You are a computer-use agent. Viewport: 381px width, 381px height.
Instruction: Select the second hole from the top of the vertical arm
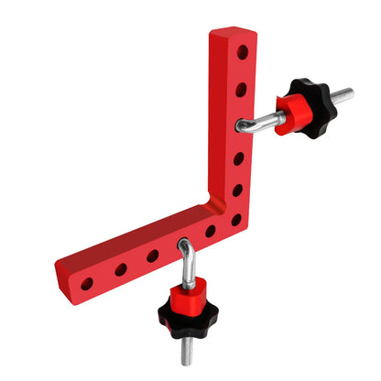point(241,89)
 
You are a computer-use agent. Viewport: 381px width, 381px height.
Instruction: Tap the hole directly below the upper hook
point(239,158)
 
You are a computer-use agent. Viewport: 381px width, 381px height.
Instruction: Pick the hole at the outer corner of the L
point(236,220)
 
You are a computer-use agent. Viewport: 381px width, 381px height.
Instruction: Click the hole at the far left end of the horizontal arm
point(87,284)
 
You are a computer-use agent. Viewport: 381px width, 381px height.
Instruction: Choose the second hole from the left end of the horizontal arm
point(120,270)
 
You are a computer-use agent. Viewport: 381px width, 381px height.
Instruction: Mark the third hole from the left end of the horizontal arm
point(153,256)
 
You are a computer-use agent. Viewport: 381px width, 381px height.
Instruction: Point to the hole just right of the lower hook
point(211,232)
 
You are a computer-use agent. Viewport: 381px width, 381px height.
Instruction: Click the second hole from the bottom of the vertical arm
point(237,190)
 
